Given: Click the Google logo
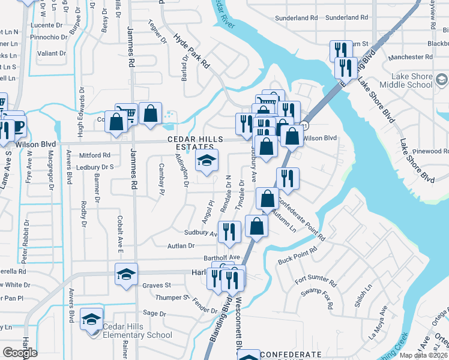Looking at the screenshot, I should point(20,352).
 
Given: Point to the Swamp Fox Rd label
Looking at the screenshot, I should point(318,297).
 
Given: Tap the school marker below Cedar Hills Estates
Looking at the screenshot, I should point(206,161).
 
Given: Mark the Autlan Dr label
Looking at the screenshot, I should point(182,245).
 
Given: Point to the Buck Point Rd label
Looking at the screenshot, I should point(297,257).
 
